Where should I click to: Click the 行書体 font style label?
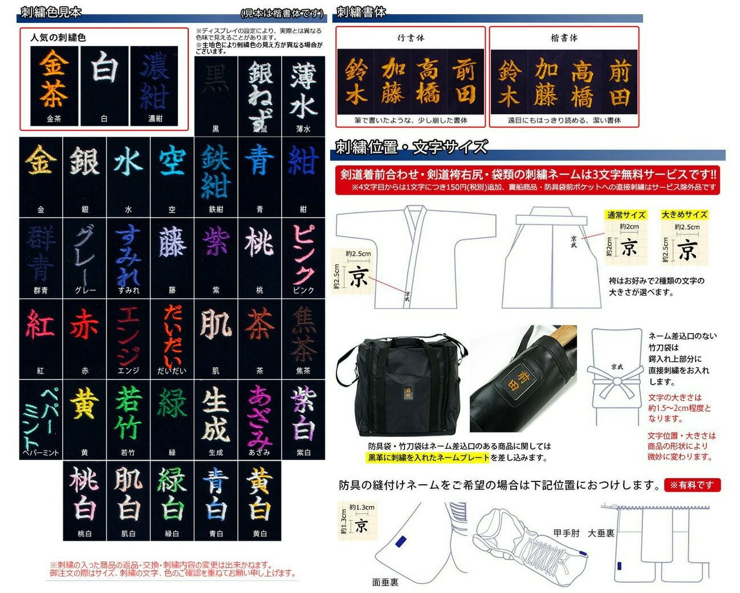coord(410,38)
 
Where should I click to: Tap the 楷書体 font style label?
coord(564,38)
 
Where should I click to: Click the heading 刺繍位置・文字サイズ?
coord(411,147)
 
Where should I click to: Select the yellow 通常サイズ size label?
coord(626,215)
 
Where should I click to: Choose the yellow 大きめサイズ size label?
coord(684,215)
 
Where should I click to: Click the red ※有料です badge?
coord(692,485)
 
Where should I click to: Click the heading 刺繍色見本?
coord(51,12)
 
